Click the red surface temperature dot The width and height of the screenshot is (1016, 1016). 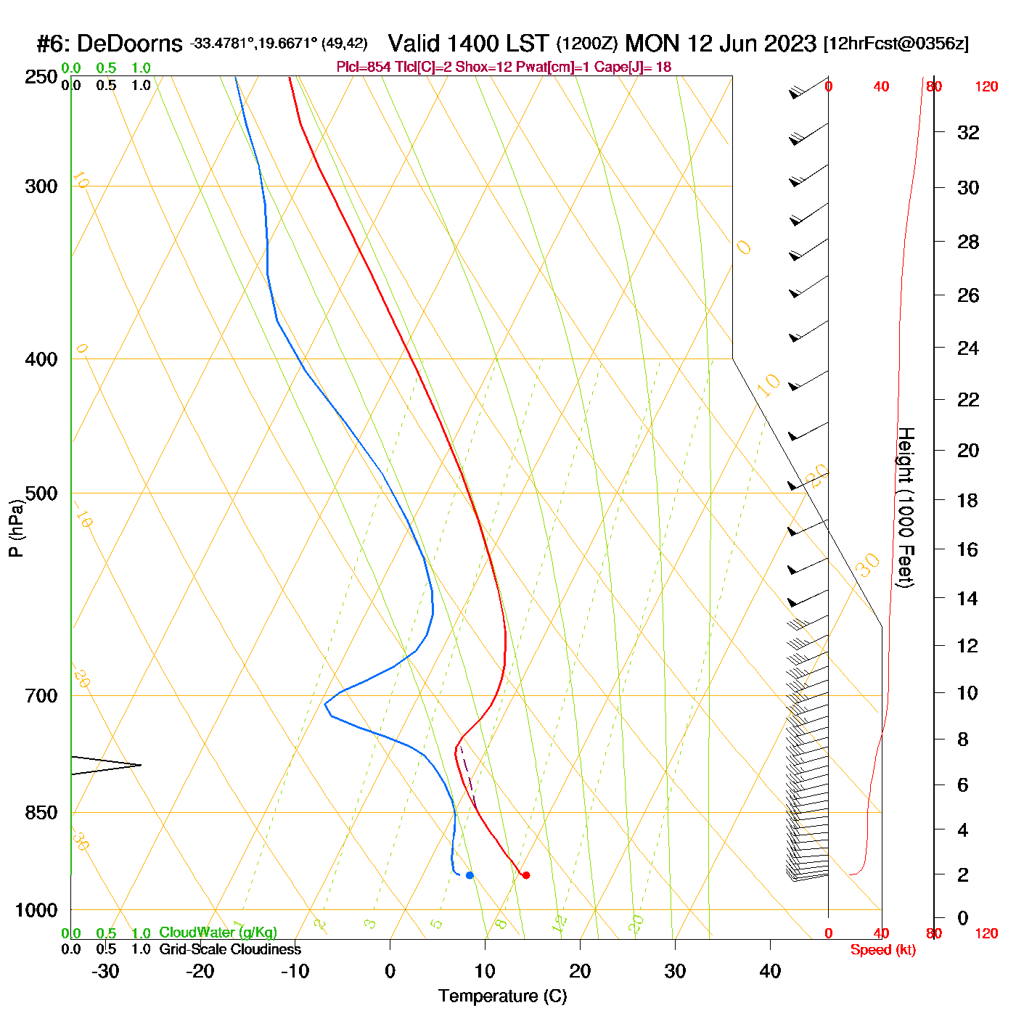[525, 875]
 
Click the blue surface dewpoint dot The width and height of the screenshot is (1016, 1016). [470, 875]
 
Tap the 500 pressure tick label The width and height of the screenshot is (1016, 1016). [41, 493]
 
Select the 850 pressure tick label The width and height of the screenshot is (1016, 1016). [41, 813]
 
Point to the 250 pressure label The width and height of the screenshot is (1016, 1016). [41, 77]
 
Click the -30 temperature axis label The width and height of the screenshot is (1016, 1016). [105, 971]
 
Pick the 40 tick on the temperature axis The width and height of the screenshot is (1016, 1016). [770, 971]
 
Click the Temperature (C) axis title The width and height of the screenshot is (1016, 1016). [502, 996]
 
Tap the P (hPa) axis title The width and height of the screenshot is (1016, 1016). [16, 528]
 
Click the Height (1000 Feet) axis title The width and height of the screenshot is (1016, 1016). [906, 507]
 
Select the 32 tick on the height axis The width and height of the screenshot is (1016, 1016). [968, 132]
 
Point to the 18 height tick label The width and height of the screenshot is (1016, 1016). [968, 500]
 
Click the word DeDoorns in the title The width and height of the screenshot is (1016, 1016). [129, 44]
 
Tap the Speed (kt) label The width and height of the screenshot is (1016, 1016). [882, 950]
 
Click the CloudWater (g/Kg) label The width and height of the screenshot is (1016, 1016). [218, 933]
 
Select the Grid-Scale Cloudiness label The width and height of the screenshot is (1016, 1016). [230, 949]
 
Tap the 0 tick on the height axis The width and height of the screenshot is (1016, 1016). [963, 918]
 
